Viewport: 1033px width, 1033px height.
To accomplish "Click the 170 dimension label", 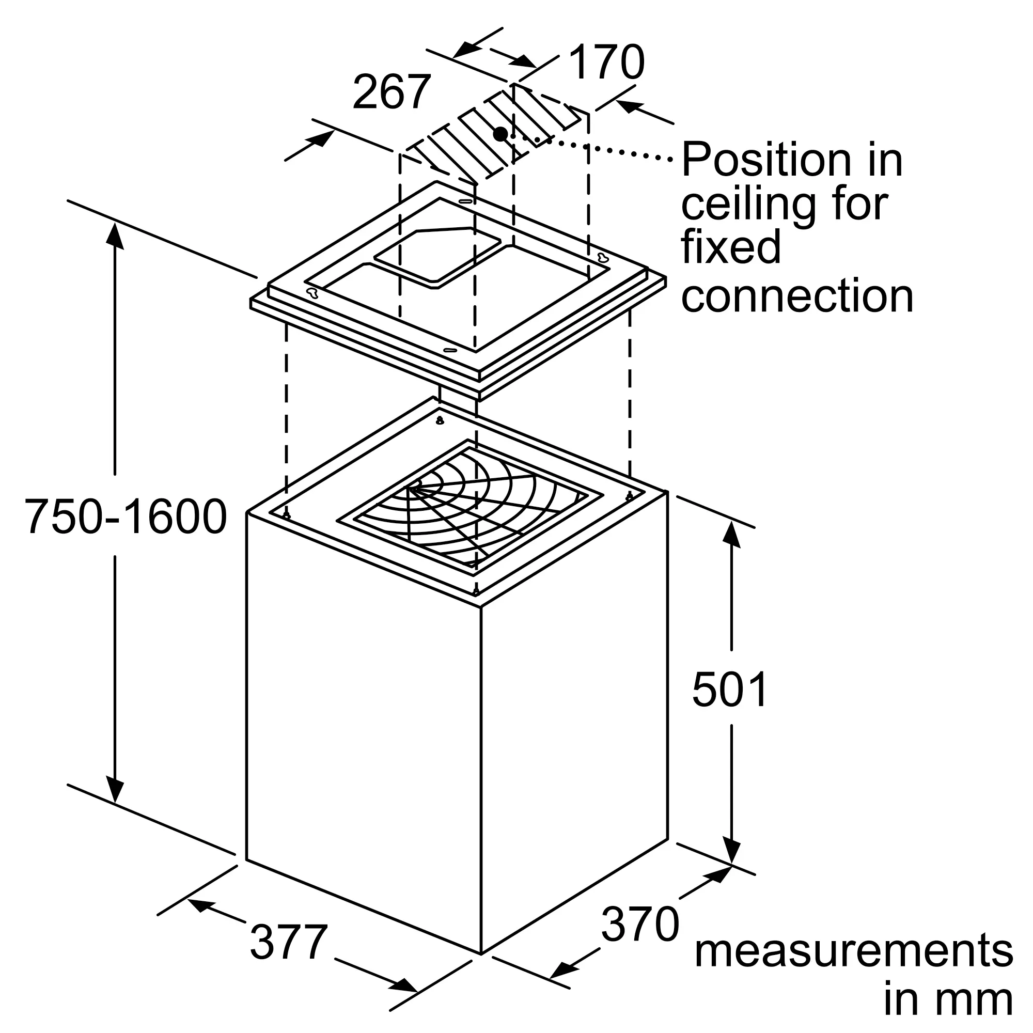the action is pyautogui.click(x=607, y=62).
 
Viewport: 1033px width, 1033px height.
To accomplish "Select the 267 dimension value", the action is pyautogui.click(x=392, y=92).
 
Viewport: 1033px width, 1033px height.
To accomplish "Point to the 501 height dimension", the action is pyautogui.click(x=730, y=690).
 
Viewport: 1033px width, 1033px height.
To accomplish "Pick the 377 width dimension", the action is pyautogui.click(x=289, y=942).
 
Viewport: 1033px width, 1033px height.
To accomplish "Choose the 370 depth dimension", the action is pyautogui.click(x=640, y=924).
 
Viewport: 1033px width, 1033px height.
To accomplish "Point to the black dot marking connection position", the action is pyautogui.click(x=500, y=134).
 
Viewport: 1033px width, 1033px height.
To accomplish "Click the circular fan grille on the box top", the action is pyautogui.click(x=471, y=508).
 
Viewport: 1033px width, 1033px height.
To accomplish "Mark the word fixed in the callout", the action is pyautogui.click(x=731, y=247).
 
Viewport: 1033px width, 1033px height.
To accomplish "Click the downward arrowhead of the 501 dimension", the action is pyautogui.click(x=731, y=849).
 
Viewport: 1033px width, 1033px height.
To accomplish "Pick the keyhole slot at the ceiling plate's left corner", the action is pyautogui.click(x=312, y=292).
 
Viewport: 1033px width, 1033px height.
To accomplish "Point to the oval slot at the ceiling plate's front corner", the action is pyautogui.click(x=450, y=350).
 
